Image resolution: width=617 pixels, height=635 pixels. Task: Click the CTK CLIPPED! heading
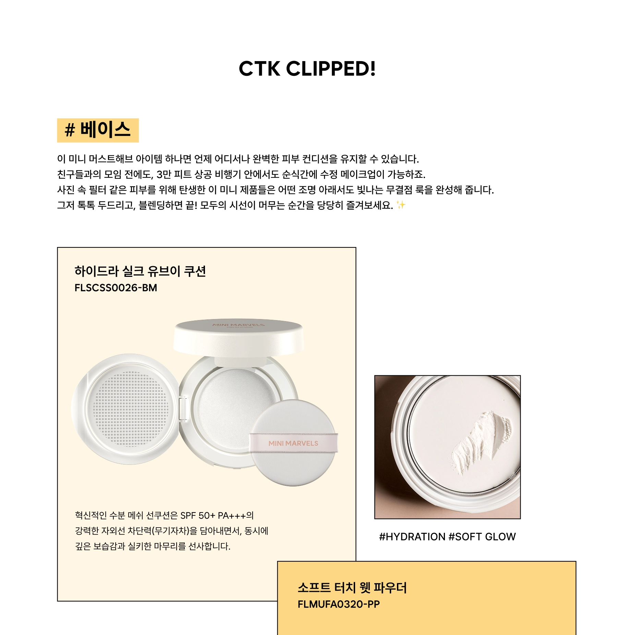pyautogui.click(x=307, y=69)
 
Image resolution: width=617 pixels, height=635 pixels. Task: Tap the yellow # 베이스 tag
pyautogui.click(x=98, y=130)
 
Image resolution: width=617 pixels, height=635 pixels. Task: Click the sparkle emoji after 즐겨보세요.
pyautogui.click(x=401, y=205)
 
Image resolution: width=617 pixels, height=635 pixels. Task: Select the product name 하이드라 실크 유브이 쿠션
pyautogui.click(x=140, y=271)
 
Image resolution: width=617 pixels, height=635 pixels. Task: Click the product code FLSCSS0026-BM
pyautogui.click(x=116, y=288)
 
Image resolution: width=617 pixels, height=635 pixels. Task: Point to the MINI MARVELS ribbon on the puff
pyautogui.click(x=293, y=443)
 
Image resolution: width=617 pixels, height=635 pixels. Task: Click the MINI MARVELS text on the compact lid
pyautogui.click(x=239, y=325)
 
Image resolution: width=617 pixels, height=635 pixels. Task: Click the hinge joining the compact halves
pyautogui.click(x=183, y=408)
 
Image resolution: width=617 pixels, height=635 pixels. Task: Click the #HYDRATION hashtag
pyautogui.click(x=412, y=537)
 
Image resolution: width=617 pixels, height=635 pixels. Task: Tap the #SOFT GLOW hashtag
pyautogui.click(x=482, y=537)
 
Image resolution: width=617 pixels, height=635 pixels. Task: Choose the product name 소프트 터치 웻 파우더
pyautogui.click(x=352, y=588)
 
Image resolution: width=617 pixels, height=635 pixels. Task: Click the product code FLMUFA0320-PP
pyautogui.click(x=339, y=604)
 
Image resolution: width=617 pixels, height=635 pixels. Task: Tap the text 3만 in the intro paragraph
pyautogui.click(x=164, y=175)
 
